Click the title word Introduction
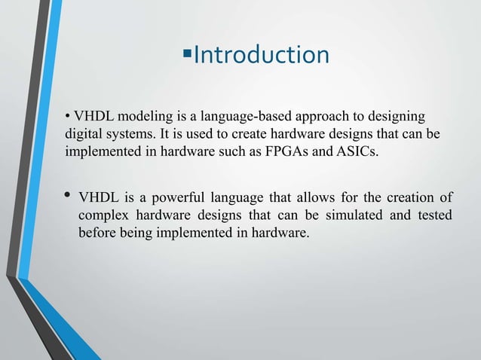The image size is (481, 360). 262,55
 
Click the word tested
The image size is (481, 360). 433,216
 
